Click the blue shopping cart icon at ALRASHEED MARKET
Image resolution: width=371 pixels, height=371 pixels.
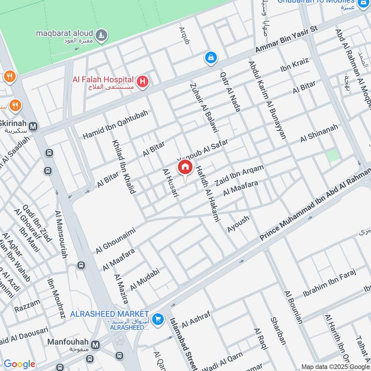[x=159, y=319]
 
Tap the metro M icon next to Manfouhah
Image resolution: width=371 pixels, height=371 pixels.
[x=96, y=345]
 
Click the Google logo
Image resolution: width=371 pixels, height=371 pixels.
[x=19, y=364]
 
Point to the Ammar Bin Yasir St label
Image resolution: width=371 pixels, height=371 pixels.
[x=286, y=41]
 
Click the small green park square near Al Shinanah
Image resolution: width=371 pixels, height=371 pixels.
[x=333, y=156]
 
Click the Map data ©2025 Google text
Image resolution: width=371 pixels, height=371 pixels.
[x=336, y=366]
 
